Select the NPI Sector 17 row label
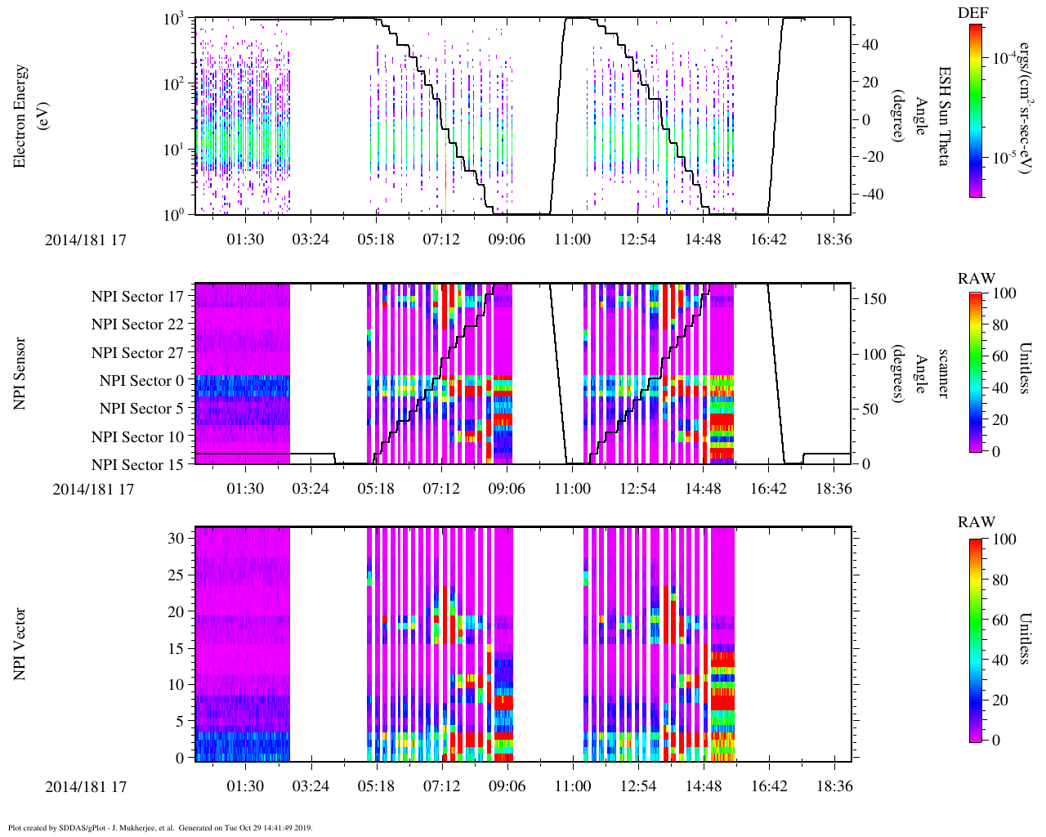pos(137,297)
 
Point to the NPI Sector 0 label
pos(141,381)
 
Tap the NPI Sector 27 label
pos(137,353)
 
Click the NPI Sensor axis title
pos(20,374)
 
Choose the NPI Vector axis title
pos(20,644)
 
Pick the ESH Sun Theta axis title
pos(943,116)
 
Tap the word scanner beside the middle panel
pos(943,374)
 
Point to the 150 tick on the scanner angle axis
pos(876,299)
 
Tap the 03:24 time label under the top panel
pos(311,239)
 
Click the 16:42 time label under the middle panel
pos(768,489)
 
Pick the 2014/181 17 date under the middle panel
pos(93,490)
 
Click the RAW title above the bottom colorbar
pos(977,522)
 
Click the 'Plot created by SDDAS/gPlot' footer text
pos(160,828)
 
